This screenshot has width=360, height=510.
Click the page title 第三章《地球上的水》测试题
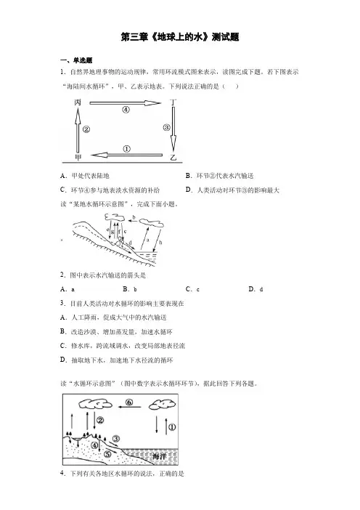coord(180,37)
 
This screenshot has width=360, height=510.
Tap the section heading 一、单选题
coord(76,60)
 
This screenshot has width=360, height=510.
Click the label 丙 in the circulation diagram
coord(78,102)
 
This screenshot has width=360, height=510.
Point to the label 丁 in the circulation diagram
coord(173,102)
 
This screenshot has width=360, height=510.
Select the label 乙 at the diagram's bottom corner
coord(173,158)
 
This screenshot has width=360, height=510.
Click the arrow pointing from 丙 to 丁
coord(126,103)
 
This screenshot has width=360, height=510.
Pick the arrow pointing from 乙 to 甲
coord(127,155)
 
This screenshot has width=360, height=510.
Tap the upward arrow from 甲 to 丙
coord(78,131)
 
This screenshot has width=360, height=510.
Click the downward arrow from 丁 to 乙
coord(173,129)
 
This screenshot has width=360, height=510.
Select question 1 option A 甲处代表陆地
coord(85,176)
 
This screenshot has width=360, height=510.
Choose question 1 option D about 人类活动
coord(233,190)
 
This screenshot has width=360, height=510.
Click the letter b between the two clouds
coord(134,217)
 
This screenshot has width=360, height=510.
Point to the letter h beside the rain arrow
coord(160,243)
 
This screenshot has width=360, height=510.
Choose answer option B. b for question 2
coord(130,289)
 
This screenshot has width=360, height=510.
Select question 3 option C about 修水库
coord(123,346)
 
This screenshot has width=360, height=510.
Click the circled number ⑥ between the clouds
coord(129,402)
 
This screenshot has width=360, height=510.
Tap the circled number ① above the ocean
coord(172,427)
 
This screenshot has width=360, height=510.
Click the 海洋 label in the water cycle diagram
coord(160,456)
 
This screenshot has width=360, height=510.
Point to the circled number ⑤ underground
coord(107,454)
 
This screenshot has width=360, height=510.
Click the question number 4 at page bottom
coord(62,473)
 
